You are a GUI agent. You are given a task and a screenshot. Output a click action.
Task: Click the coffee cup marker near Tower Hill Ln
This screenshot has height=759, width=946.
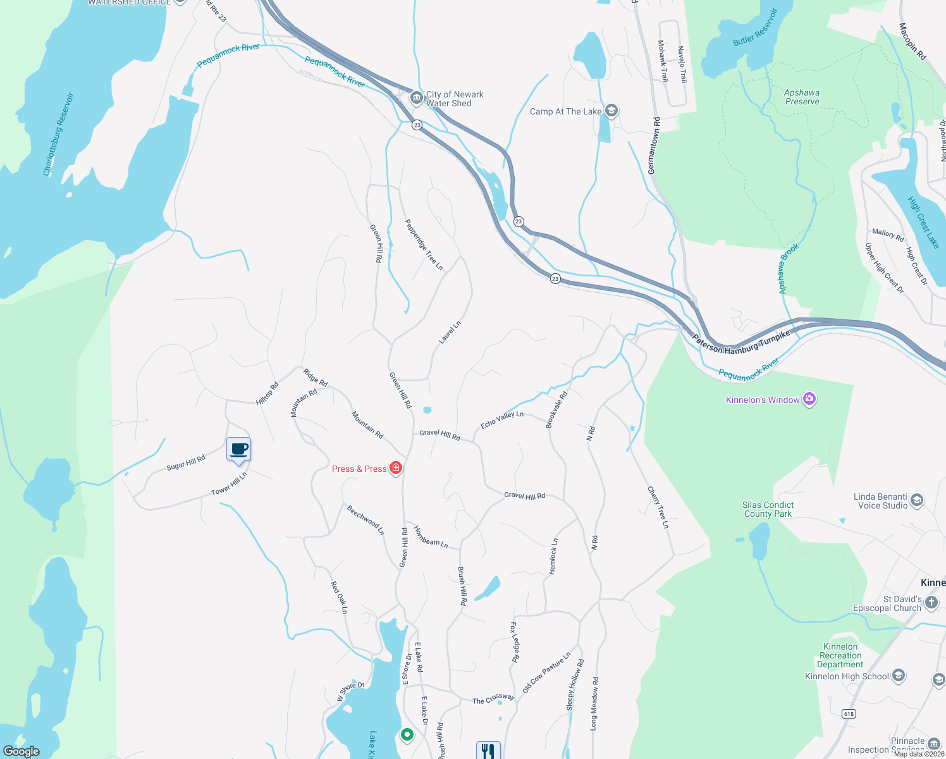coord(238,450)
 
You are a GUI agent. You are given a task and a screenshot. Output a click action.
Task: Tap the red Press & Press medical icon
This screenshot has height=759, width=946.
coord(396,468)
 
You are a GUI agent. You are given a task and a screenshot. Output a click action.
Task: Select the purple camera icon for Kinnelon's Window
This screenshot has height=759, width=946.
coord(809,399)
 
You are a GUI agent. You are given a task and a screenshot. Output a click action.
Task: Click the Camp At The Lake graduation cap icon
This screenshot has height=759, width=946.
coord(611,111)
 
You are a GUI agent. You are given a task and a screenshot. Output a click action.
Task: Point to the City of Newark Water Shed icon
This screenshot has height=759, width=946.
coord(416,98)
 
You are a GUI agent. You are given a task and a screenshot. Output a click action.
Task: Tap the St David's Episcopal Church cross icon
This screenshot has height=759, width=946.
coord(931,603)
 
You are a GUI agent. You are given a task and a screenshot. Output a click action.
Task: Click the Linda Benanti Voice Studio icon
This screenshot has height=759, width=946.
coord(917,501)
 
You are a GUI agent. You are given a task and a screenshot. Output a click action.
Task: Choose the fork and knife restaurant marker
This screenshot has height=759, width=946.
coord(488,751)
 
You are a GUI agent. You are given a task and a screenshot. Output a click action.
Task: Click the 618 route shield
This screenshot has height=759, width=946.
coord(849,713)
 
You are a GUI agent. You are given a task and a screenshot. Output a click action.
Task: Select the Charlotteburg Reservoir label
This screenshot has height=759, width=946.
coord(59,135)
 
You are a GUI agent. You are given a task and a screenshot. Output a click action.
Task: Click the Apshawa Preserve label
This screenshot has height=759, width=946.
coord(802,97)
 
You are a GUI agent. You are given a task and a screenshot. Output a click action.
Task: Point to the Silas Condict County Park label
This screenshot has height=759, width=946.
coord(768,509)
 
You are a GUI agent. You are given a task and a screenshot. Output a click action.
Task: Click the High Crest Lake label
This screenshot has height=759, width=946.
coord(924,222)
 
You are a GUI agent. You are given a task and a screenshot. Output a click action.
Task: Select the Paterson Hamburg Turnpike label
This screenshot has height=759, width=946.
coord(741,342)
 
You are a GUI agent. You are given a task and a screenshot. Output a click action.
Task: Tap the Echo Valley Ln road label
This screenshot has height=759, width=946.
coord(502,419)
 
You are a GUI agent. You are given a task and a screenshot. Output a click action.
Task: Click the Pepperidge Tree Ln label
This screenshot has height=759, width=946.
coord(424,245)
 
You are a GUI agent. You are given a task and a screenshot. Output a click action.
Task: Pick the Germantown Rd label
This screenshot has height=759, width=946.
coord(653,145)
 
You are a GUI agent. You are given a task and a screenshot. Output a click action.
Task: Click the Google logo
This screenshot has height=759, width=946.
coord(21,751)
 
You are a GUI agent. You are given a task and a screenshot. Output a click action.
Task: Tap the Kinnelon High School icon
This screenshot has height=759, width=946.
coord(899,676)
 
